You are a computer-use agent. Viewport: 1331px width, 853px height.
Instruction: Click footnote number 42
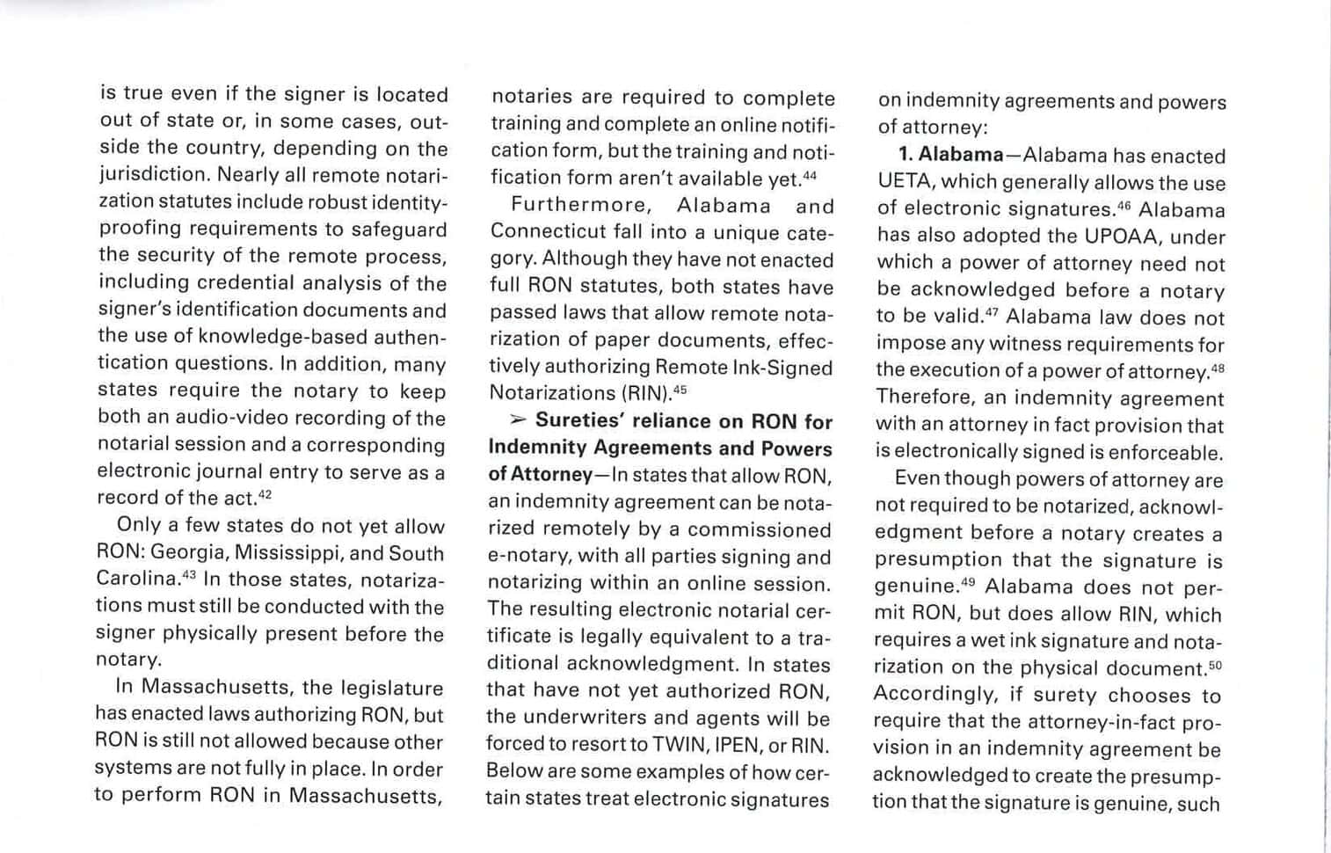coord(265,493)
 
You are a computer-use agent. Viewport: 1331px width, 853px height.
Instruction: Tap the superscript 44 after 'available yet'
coord(810,174)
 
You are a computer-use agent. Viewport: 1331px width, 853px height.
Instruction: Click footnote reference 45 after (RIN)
coord(680,389)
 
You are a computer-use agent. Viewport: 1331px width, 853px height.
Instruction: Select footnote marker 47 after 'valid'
coord(992,312)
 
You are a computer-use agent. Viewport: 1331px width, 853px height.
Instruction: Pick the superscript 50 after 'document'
coord(1215,665)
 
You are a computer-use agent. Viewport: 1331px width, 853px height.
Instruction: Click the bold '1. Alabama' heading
coord(950,156)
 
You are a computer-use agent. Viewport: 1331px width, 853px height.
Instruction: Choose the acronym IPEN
coord(738,745)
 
